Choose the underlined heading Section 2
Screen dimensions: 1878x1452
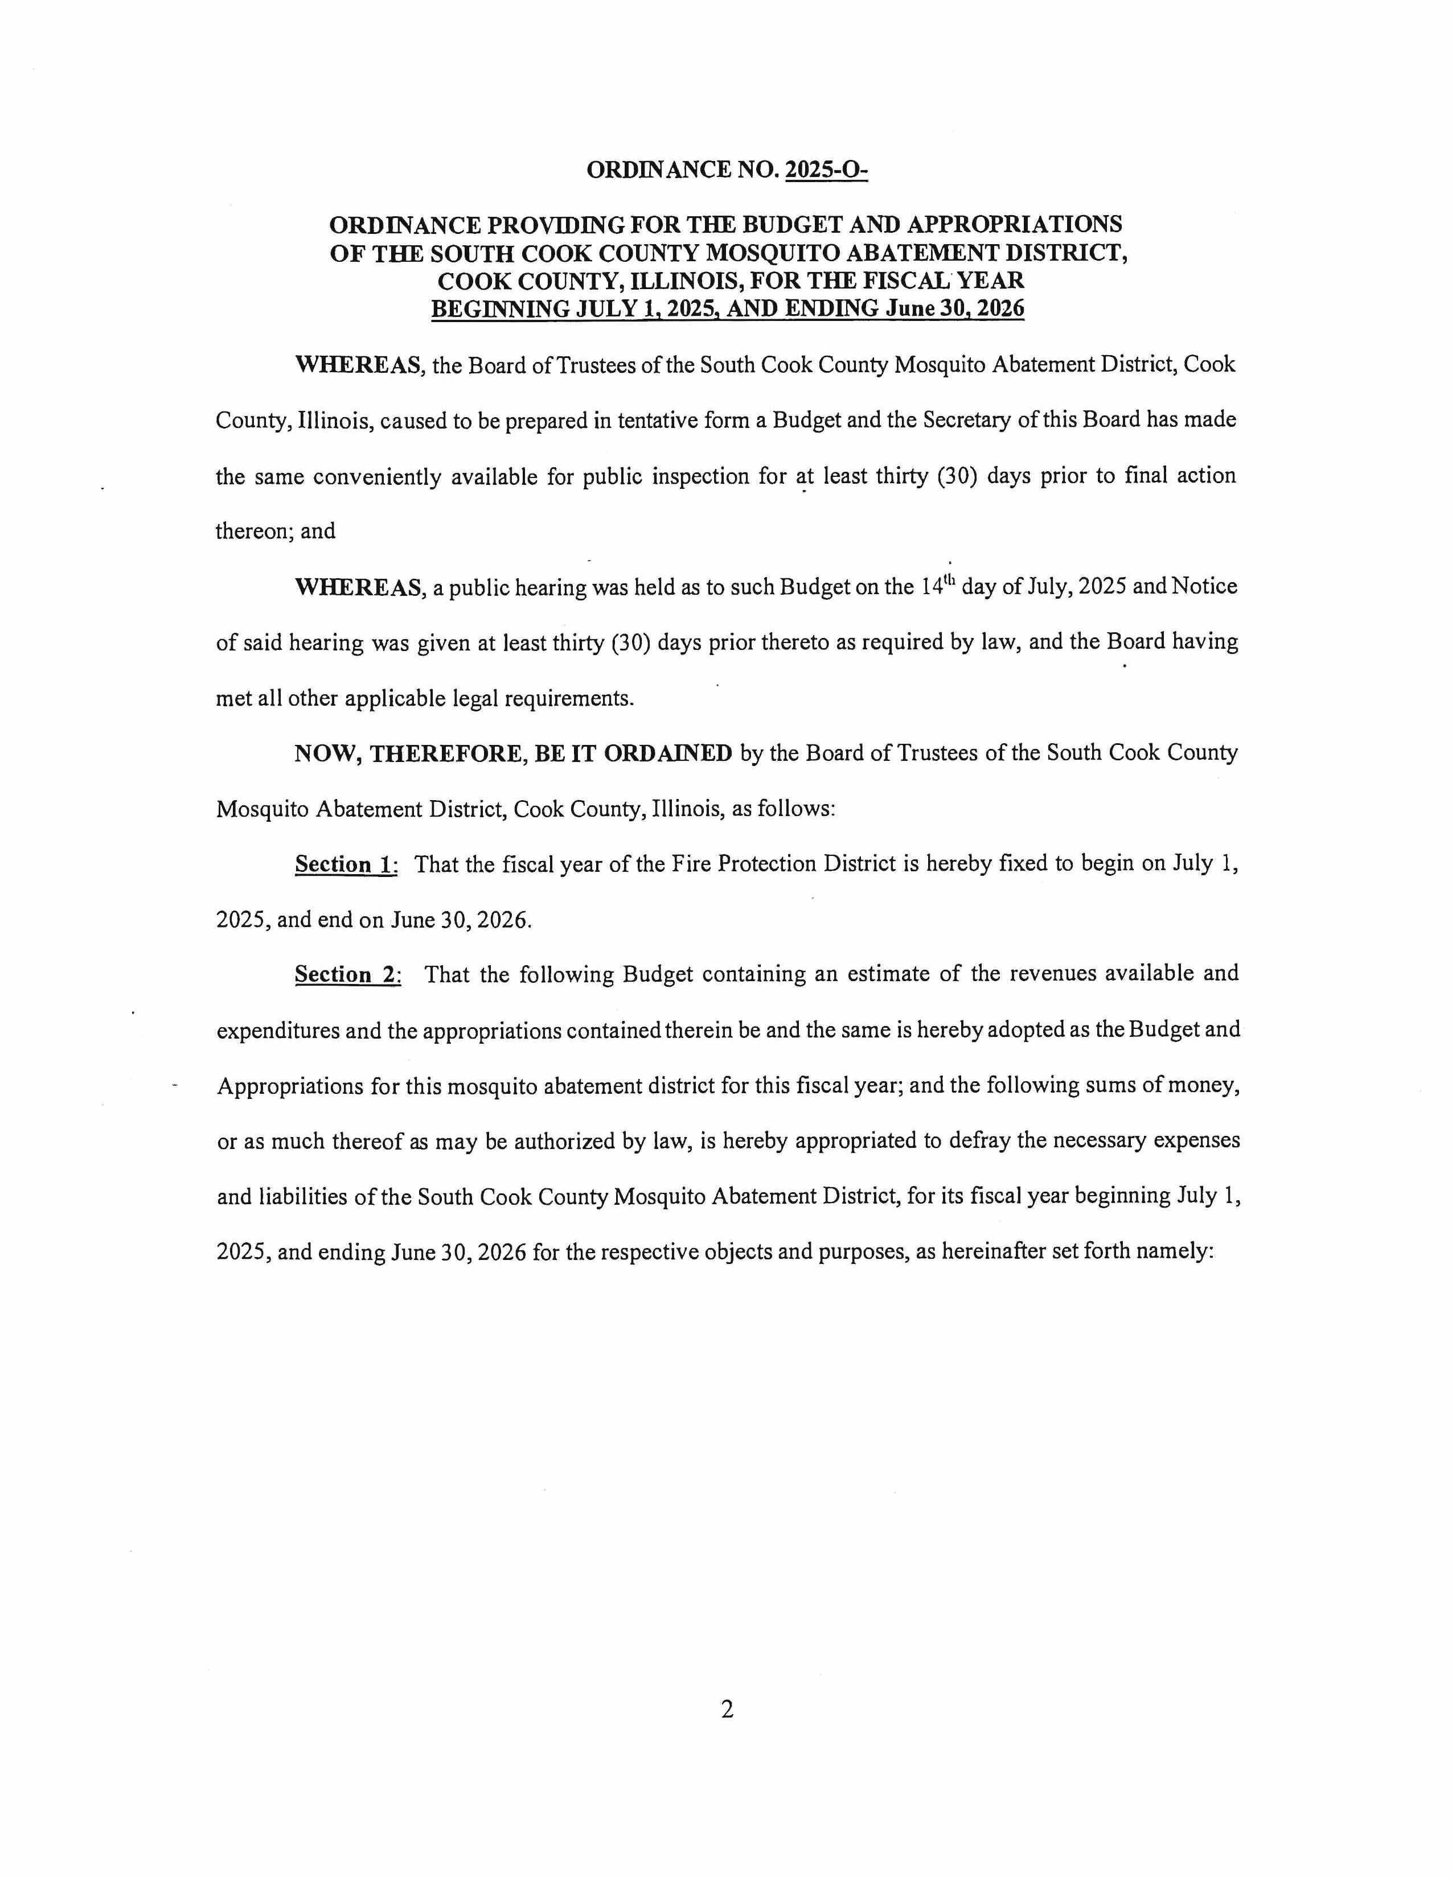tap(347, 974)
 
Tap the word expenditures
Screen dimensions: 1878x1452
tap(275, 1030)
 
